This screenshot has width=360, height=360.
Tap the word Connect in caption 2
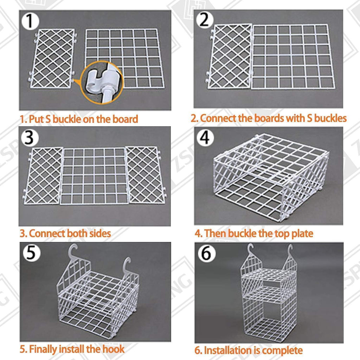[217, 118]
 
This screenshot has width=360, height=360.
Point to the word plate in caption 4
[302, 233]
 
